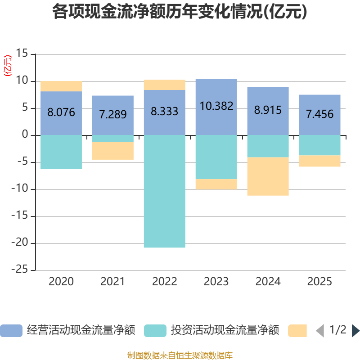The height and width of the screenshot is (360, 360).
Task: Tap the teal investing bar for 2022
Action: click(165, 191)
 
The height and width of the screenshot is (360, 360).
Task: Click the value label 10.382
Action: click(216, 106)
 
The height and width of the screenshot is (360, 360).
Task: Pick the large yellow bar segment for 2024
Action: click(268, 176)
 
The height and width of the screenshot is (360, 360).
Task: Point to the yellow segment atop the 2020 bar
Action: click(61, 86)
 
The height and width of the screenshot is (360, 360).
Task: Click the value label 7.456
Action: click(320, 114)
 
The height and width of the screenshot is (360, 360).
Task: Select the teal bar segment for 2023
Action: click(216, 157)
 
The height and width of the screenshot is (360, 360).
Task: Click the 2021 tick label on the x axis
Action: click(113, 282)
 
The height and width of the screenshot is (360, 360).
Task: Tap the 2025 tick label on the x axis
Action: click(320, 282)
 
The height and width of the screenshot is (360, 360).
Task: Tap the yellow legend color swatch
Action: click(297, 330)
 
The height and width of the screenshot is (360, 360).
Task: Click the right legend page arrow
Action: click(355, 330)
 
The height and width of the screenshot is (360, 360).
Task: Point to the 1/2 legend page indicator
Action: click(338, 330)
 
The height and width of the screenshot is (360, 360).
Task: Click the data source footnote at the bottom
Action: click(180, 355)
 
